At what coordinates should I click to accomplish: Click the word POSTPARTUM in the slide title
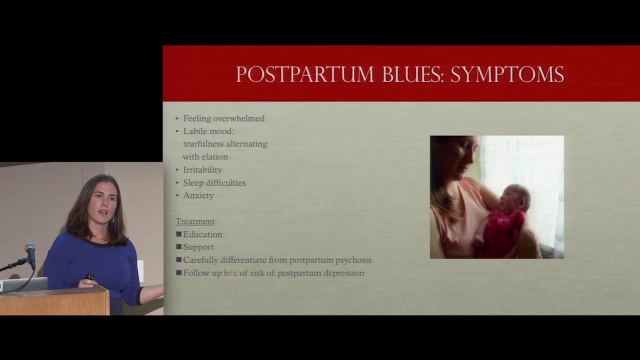305,74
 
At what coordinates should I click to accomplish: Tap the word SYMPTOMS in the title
507,74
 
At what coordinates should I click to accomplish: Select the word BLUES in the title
413,74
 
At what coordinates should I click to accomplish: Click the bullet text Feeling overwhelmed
223,118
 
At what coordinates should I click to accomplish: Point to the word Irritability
202,169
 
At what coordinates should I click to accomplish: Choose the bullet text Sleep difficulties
214,182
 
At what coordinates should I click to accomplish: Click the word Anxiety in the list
198,195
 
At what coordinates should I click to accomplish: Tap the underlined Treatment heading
195,221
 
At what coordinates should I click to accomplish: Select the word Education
202,234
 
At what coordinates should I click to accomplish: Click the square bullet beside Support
179,246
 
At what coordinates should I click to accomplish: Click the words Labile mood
208,131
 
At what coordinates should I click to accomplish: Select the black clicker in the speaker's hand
89,276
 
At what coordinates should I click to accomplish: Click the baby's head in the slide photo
516,197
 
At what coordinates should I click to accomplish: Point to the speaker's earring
113,219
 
